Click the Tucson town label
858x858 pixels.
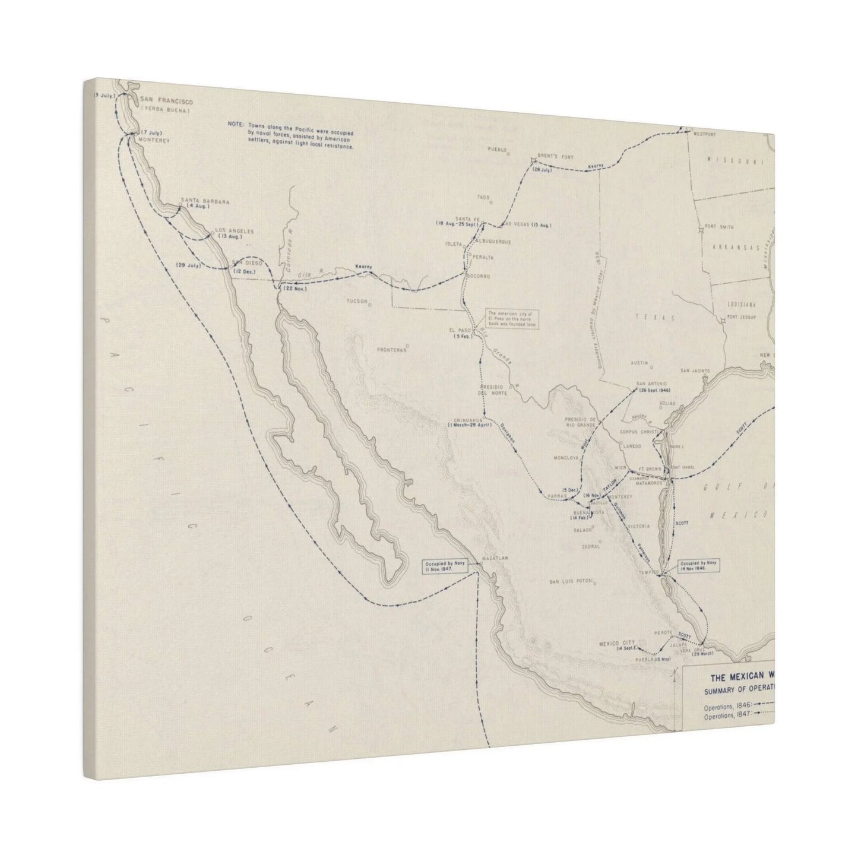357,301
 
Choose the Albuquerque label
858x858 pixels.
493,242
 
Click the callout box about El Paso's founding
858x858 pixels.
512,319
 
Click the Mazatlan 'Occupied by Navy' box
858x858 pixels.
446,565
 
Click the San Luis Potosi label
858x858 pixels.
571,581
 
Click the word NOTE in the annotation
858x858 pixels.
235,124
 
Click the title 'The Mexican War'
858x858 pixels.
742,677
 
